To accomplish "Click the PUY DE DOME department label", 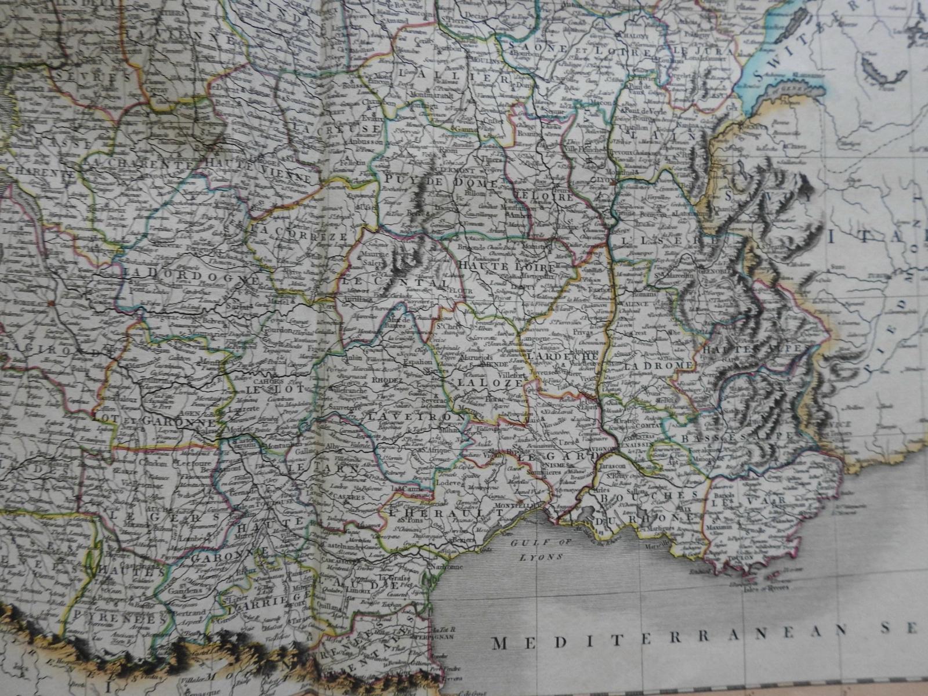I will tap(441, 182).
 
